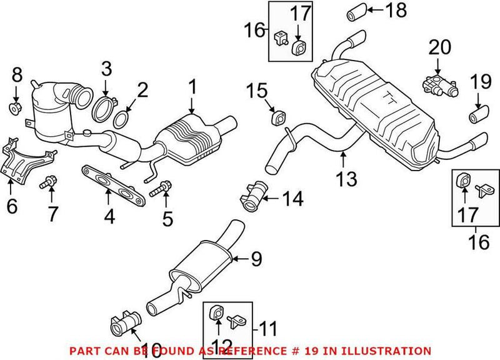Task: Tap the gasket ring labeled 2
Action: point(124,117)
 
